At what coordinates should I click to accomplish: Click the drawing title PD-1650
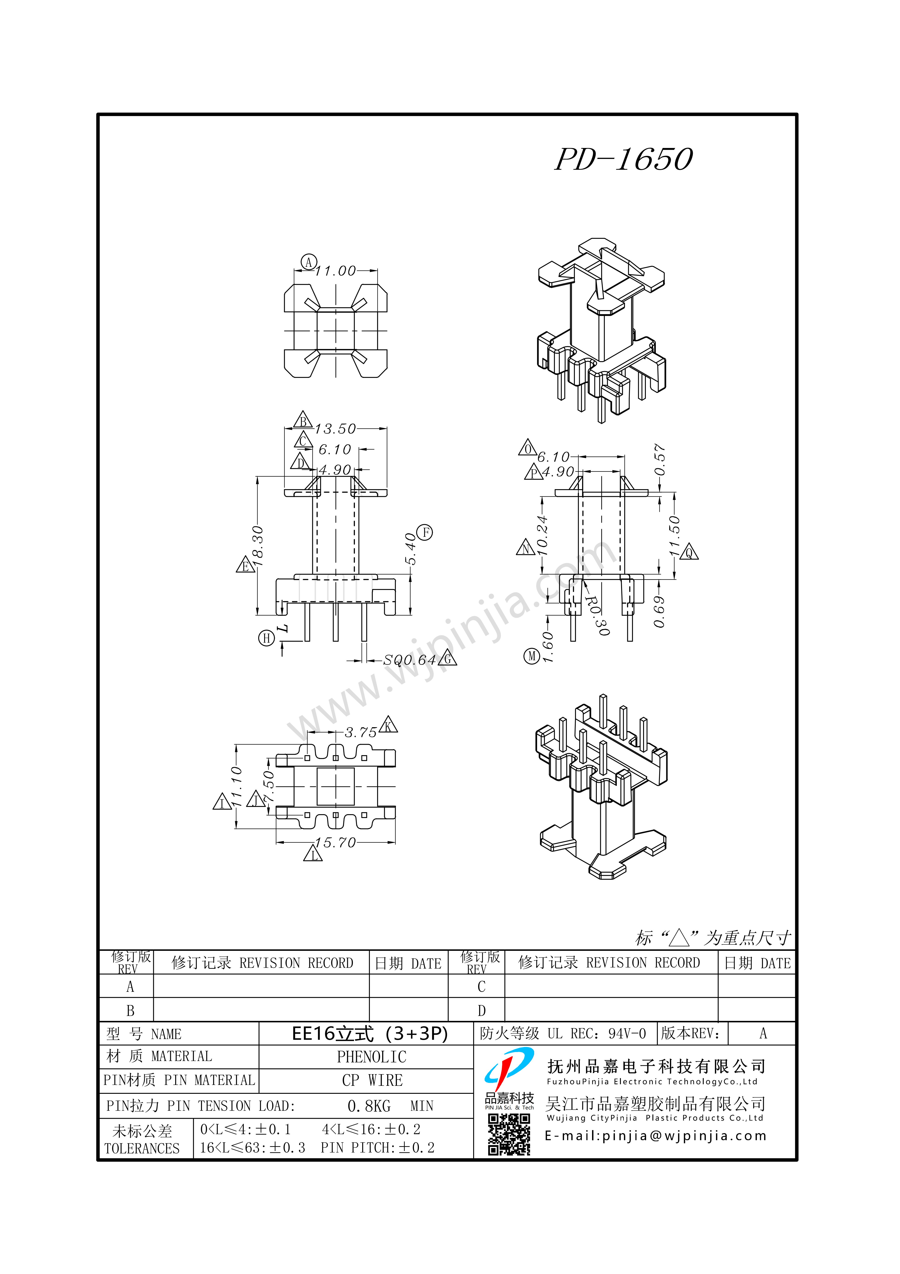(x=624, y=159)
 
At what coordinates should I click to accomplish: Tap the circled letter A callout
(x=308, y=262)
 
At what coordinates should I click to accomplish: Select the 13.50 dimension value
(x=335, y=429)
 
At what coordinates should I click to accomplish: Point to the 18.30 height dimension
(x=258, y=547)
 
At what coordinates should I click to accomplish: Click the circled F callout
(x=425, y=533)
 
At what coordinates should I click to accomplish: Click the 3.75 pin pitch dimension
(x=361, y=732)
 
